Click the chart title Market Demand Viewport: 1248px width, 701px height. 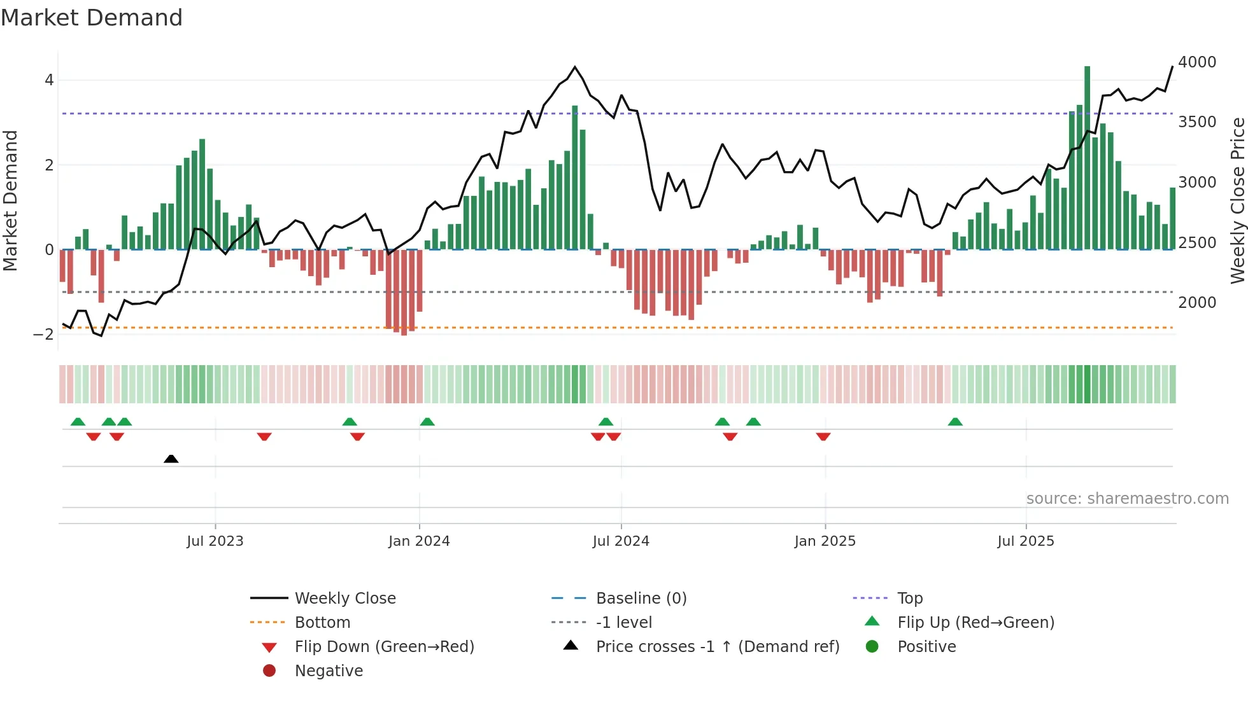pos(92,18)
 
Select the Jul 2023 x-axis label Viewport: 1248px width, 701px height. pos(215,541)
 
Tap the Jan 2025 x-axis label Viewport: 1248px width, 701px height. pos(825,541)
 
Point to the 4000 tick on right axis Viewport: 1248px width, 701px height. pos(1196,62)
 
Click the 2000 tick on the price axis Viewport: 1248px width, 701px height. pos(1196,303)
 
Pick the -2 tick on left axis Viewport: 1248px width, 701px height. pos(44,335)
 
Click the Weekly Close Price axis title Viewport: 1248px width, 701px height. pos(1237,200)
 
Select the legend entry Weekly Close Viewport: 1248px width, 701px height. pos(344,599)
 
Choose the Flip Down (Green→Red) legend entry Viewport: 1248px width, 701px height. pos(384,647)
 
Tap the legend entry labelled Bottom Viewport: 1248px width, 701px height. pos(322,623)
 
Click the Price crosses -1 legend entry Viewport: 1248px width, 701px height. pos(717,647)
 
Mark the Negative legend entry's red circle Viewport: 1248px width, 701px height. pos(269,671)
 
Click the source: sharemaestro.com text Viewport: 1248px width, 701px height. pos(1127,499)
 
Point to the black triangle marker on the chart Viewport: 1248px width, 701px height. pos(171,459)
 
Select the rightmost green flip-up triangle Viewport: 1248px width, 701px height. pos(955,422)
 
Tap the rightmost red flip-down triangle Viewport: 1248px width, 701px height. pos(823,436)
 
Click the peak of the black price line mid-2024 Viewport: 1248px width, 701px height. pos(575,67)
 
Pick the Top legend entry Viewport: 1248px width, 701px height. pos(909,599)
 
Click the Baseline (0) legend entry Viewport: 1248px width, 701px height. pos(641,599)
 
